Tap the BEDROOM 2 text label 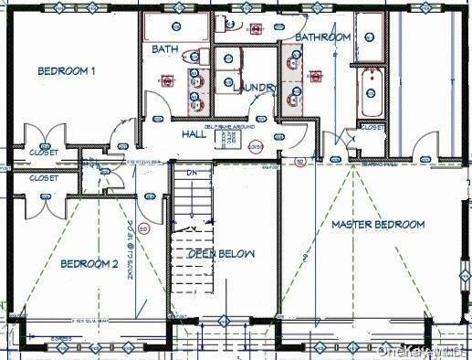pos(89,264)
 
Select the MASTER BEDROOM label pos(377,225)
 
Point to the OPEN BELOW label pos(221,253)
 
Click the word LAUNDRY pos(254,88)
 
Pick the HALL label pos(194,133)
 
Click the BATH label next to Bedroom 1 pos(165,49)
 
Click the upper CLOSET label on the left pos(43,152)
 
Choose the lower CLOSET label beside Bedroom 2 pos(43,178)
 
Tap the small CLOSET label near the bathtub pos(372,129)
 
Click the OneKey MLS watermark pos(431,350)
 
